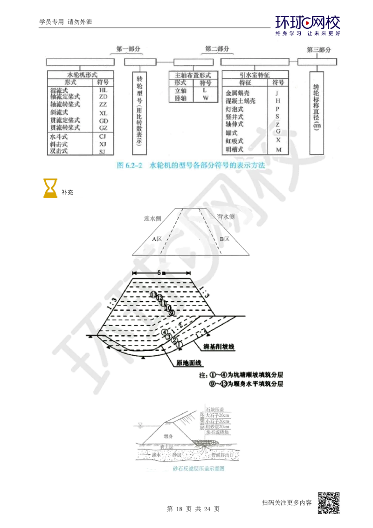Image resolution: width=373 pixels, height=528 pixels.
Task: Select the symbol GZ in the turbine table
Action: pos(103,128)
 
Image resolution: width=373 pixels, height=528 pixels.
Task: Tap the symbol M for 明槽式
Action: pos(278,150)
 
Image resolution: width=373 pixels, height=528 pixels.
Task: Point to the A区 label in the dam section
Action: pos(158,238)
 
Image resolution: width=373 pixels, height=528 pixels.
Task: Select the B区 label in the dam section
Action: pos(224,239)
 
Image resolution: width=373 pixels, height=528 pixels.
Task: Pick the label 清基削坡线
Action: pos(218,348)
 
